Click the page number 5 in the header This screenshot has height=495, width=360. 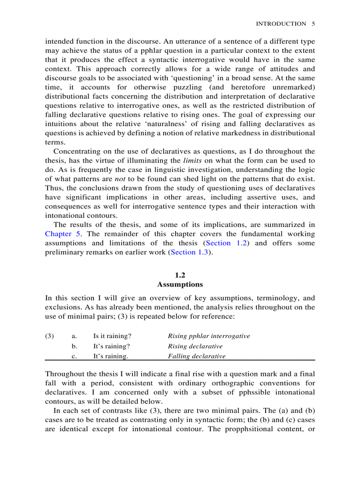coord(313,24)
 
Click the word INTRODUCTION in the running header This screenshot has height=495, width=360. coord(281,24)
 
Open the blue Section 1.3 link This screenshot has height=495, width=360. coord(189,252)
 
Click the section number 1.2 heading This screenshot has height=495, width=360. coord(180,275)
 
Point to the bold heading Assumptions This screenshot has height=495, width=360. coord(180,285)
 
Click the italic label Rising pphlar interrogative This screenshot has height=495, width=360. coord(209,336)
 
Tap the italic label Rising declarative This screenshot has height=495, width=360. coord(195,346)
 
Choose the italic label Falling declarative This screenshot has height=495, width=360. coord(196,356)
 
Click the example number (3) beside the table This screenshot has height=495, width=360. coord(49,336)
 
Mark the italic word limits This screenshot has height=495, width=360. coord(192,161)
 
